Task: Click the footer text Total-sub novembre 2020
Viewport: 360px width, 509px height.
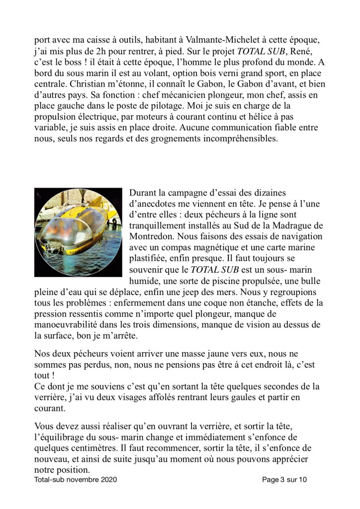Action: [77, 481]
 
